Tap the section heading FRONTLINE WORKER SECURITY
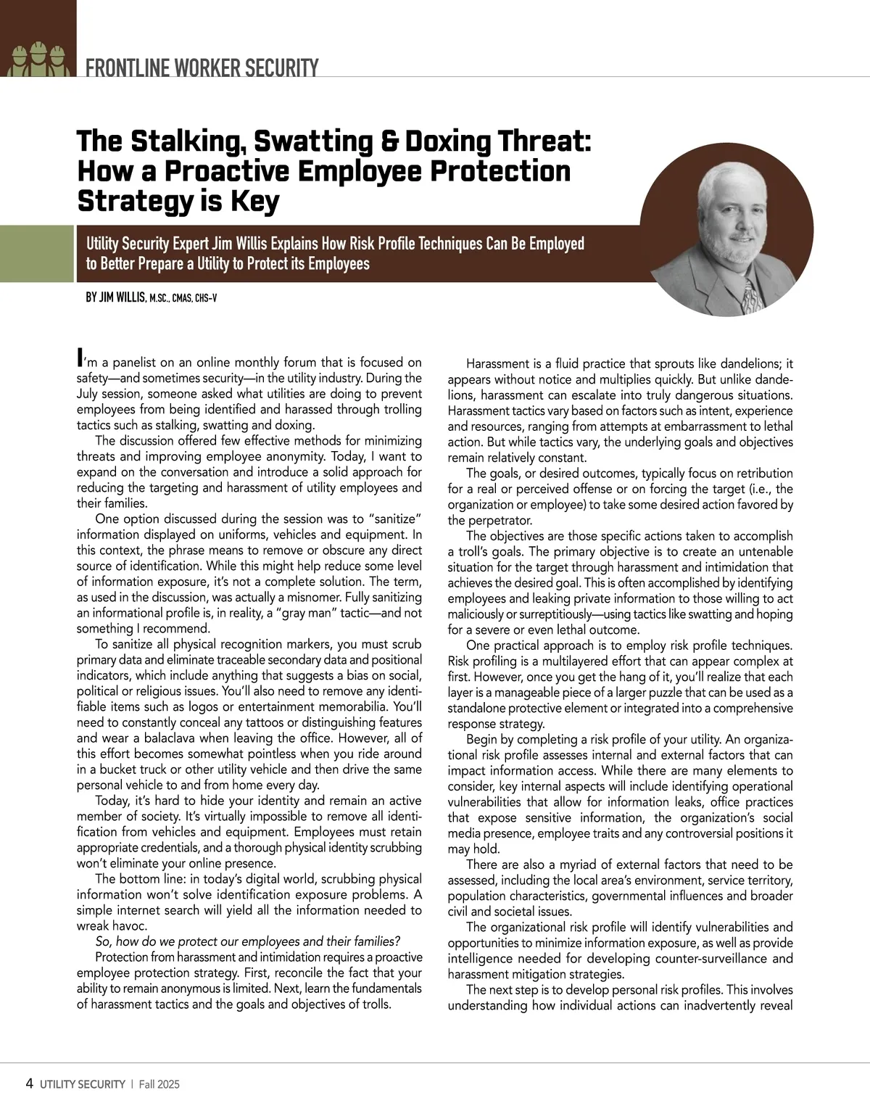pos(202,69)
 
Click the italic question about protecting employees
pos(247,941)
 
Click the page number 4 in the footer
pos(30,1084)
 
